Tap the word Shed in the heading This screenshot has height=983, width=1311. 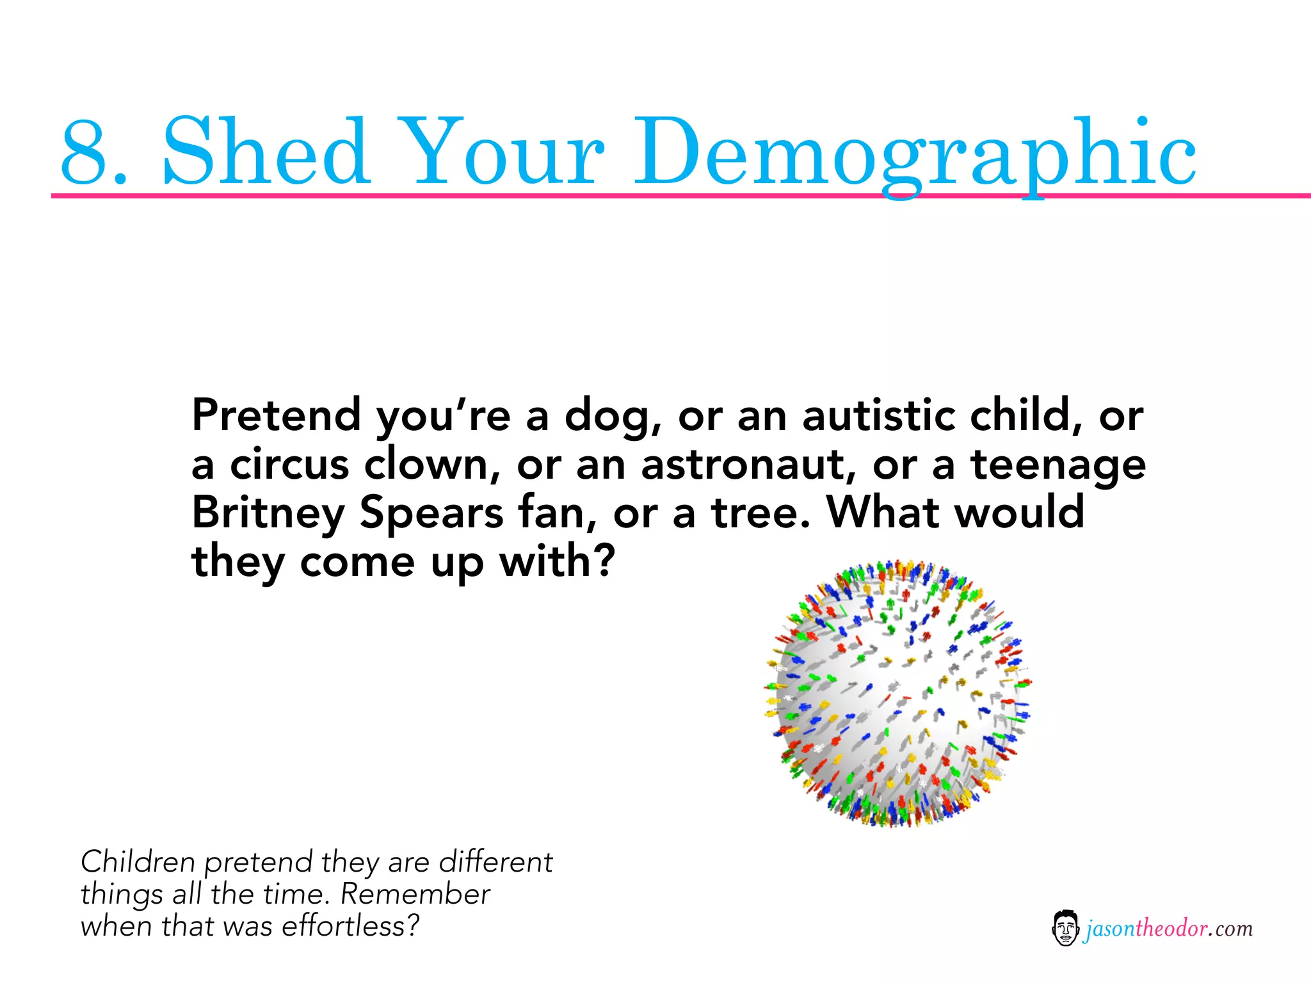(x=266, y=152)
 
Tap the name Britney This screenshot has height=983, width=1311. (x=268, y=513)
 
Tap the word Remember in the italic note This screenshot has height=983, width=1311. (x=415, y=894)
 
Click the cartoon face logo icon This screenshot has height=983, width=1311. (x=1065, y=928)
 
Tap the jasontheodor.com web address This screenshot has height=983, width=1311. (x=1168, y=929)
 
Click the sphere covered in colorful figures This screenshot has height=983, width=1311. (x=897, y=694)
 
